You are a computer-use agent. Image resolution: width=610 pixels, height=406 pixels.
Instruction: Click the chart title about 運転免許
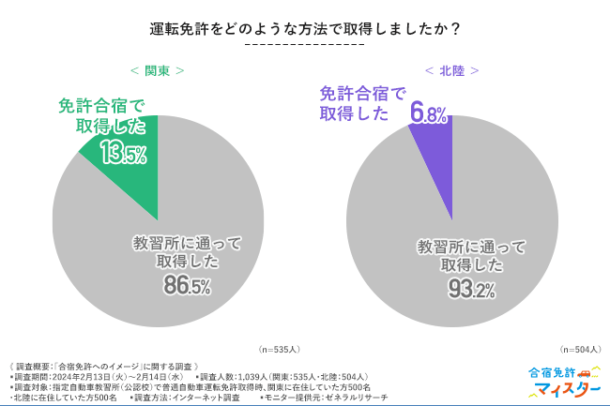(x=304, y=28)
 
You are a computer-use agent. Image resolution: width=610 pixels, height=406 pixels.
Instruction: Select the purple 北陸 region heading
(x=451, y=70)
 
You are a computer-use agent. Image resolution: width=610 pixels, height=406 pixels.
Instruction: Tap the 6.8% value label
(x=428, y=114)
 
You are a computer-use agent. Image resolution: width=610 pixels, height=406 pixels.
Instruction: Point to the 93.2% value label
(x=471, y=290)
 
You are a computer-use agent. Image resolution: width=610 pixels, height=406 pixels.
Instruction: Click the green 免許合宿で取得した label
(x=100, y=115)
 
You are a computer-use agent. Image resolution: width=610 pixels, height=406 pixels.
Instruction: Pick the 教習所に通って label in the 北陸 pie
(x=470, y=248)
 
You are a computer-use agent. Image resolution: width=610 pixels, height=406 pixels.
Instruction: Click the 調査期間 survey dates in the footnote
(x=103, y=375)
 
